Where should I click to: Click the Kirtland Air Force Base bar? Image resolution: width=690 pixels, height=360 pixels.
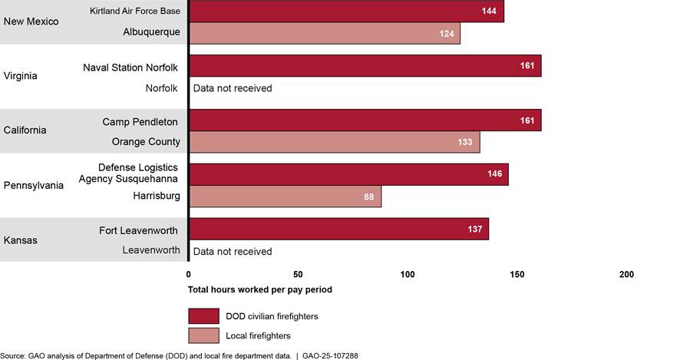[345, 11]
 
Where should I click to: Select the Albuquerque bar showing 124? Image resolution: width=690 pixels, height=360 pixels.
[324, 33]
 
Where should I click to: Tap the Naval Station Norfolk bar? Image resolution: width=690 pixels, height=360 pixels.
[365, 66]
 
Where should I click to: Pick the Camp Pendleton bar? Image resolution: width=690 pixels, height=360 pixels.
[365, 121]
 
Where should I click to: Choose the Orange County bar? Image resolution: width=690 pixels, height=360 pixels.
[334, 142]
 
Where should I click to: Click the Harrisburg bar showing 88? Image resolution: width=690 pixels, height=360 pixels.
[285, 197]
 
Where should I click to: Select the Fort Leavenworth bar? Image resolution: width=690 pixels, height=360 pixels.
[338, 229]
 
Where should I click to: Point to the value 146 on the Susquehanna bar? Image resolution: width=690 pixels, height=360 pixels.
[494, 174]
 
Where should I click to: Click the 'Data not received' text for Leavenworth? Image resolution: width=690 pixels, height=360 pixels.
[233, 251]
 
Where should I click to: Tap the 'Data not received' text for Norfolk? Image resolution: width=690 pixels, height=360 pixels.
[233, 88]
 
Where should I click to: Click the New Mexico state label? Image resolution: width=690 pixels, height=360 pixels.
[31, 21]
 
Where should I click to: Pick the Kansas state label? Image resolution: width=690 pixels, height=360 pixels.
[20, 239]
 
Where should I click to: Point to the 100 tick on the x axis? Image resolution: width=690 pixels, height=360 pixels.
[408, 275]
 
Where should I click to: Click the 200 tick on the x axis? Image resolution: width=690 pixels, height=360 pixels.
[626, 275]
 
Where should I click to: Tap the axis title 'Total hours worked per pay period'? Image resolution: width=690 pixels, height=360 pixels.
[259, 290]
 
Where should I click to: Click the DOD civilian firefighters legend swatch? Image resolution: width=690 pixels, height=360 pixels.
[203, 315]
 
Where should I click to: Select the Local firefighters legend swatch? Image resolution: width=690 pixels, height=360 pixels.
[203, 335]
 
